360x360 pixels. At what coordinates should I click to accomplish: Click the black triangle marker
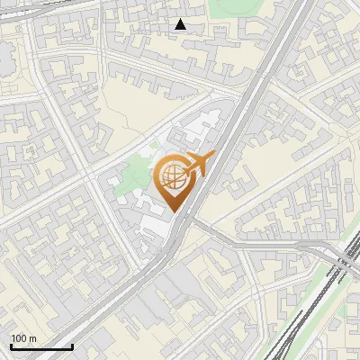[x=181, y=24]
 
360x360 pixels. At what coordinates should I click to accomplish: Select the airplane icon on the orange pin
[x=196, y=164]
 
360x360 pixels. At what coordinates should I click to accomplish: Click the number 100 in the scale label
[x=19, y=338]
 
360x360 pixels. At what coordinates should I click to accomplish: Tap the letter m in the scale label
[x=32, y=338]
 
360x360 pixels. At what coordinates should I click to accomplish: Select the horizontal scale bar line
[x=40, y=346]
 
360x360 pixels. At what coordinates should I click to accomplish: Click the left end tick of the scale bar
[x=10, y=346]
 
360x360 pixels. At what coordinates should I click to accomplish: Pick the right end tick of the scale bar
[x=72, y=346]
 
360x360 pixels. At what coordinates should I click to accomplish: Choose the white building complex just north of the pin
[x=202, y=130]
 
